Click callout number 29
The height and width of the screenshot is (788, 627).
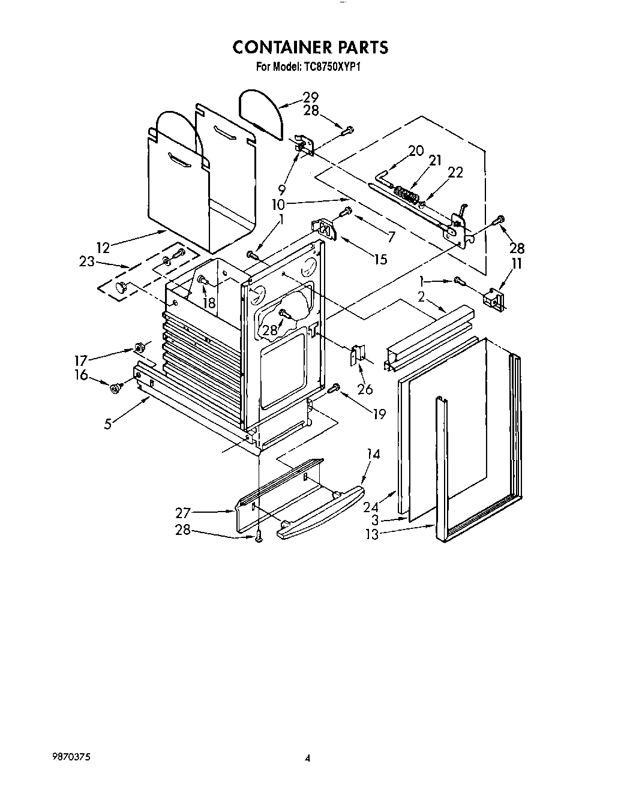310,97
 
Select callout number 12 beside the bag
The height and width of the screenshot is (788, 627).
103,247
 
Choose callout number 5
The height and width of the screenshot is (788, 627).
107,423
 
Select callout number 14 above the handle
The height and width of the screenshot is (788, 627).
373,454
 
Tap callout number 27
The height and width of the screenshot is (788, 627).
183,512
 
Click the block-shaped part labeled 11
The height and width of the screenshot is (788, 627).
494,299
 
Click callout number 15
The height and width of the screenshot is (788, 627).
380,259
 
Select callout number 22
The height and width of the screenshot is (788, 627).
455,172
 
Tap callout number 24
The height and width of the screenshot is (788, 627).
370,507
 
